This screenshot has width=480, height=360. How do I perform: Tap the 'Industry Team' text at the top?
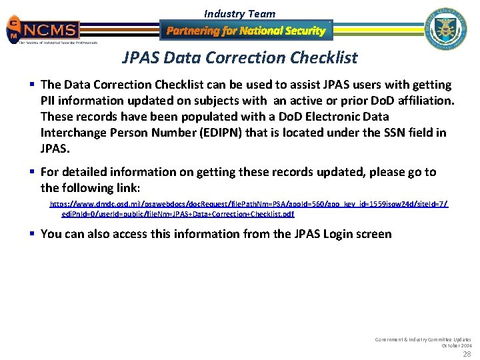[x=239, y=13]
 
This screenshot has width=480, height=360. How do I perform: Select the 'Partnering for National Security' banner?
[x=246, y=31]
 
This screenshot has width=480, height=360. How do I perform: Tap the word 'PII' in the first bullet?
[x=49, y=101]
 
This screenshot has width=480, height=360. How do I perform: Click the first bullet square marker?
[x=32, y=85]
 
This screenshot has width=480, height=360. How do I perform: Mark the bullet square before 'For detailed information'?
[x=32, y=172]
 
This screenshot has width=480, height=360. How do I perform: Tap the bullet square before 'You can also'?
[x=32, y=233]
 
